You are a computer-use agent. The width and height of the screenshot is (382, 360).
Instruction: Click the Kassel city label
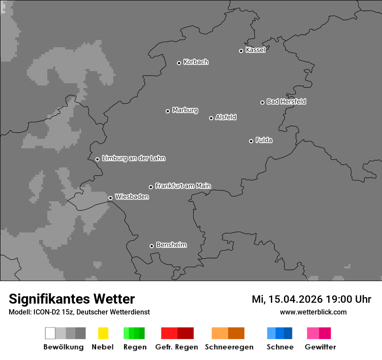click(x=255, y=50)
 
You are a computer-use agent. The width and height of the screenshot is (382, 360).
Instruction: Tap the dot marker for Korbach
click(x=179, y=63)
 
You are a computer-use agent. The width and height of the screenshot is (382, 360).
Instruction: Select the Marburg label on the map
click(x=185, y=110)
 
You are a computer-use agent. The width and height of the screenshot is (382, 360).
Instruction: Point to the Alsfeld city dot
click(x=211, y=118)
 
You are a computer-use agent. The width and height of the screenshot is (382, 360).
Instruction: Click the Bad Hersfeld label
click(x=286, y=101)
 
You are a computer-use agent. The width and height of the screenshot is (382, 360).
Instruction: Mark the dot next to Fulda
click(x=251, y=141)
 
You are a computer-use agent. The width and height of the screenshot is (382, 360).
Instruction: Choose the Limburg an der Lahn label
click(x=133, y=158)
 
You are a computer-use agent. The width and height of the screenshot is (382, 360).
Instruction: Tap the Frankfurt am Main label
click(x=183, y=186)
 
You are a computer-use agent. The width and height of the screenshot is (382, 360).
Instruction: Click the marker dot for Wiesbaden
click(x=110, y=198)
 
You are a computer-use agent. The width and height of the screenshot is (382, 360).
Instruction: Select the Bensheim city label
click(x=171, y=245)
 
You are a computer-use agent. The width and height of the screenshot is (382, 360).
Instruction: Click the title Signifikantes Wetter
click(x=72, y=299)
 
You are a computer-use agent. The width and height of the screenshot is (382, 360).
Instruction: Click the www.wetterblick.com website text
click(x=313, y=312)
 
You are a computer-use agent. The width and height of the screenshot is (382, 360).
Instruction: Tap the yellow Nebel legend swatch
click(x=103, y=333)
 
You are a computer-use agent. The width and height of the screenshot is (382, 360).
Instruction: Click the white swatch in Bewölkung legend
click(x=50, y=333)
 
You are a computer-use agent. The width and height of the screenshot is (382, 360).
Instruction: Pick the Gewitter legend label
click(x=320, y=347)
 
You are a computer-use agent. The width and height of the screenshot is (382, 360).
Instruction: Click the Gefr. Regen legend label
click(x=177, y=347)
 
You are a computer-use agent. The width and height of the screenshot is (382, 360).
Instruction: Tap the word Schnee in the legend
click(x=280, y=347)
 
